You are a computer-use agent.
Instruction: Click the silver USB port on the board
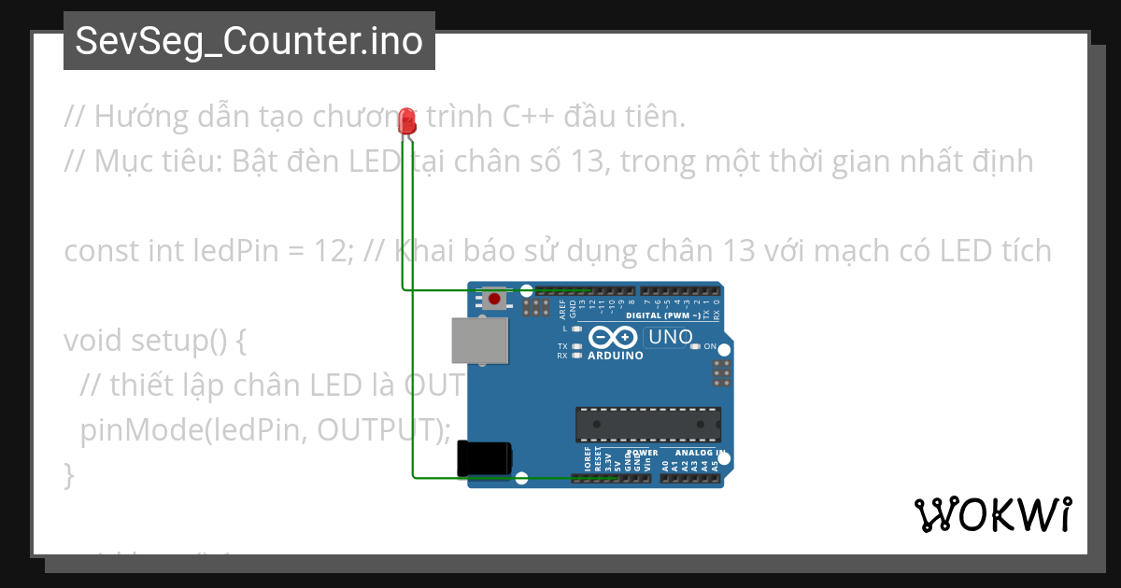point(480,339)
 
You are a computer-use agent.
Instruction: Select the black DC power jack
point(484,458)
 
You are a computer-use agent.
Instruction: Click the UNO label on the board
point(670,337)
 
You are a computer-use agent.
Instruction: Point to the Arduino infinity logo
point(614,338)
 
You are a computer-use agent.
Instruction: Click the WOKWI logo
point(992,514)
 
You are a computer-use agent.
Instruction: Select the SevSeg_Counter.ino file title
point(248,41)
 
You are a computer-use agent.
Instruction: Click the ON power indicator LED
point(695,346)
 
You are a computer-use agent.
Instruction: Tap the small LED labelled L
point(576,329)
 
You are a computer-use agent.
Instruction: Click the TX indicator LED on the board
point(576,346)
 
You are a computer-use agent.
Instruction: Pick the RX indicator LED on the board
point(576,356)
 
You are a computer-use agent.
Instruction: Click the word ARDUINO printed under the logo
point(615,356)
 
